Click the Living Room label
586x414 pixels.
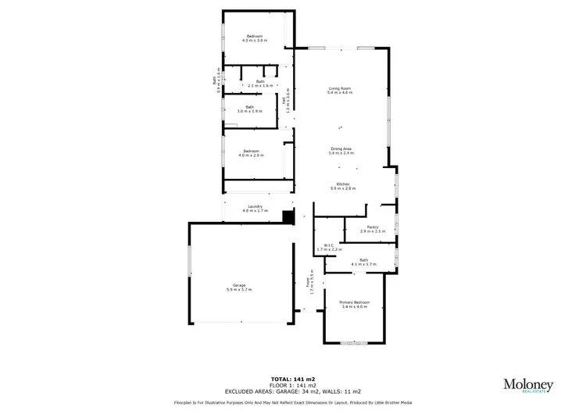[340, 91]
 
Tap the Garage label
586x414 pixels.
[239, 287]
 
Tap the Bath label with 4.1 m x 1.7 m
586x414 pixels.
[363, 262]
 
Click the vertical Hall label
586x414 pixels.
[286, 101]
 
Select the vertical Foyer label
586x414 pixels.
[309, 281]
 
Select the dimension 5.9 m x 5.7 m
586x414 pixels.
[239, 290]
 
